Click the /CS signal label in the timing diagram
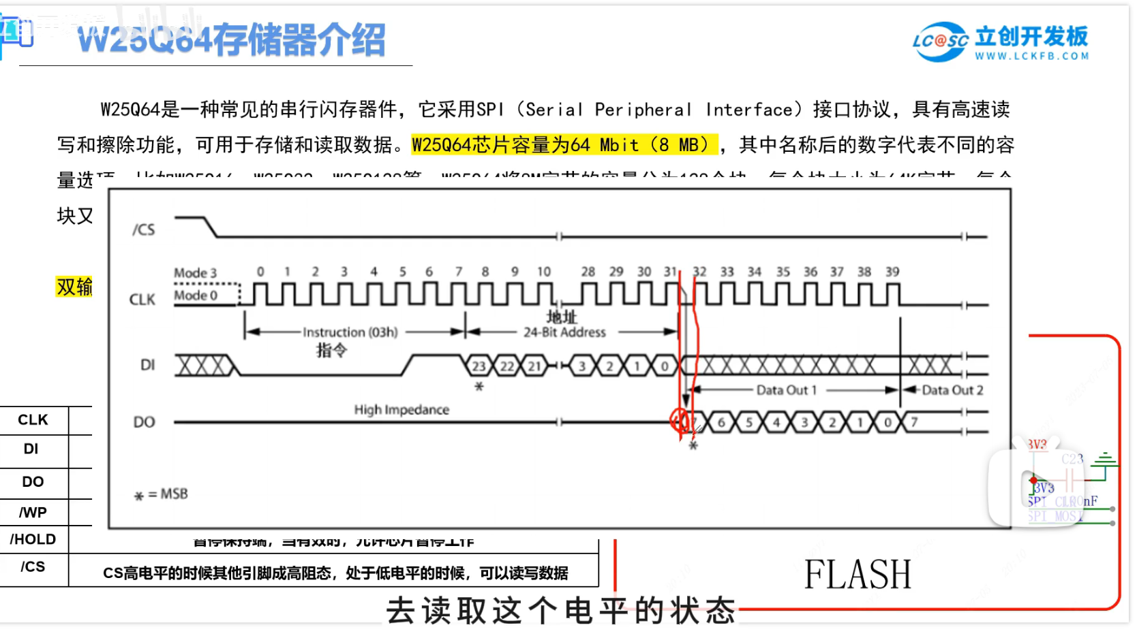(144, 230)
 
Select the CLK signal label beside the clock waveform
(142, 300)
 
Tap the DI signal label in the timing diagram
(147, 365)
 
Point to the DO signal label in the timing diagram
(144, 422)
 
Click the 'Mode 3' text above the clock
(195, 273)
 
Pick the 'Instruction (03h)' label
(350, 332)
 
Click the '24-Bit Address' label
(564, 332)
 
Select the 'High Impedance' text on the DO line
(401, 410)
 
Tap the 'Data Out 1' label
(786, 390)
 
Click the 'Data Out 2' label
(952, 390)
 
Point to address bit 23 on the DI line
(479, 366)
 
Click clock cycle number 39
(892, 272)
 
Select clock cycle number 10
(543, 272)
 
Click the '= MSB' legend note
(167, 494)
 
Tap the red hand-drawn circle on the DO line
(679, 420)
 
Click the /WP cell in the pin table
(33, 513)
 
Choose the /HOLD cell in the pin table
(33, 539)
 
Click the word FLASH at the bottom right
(858, 574)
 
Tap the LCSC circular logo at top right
(940, 42)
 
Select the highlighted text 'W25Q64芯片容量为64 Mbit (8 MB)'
(564, 145)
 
